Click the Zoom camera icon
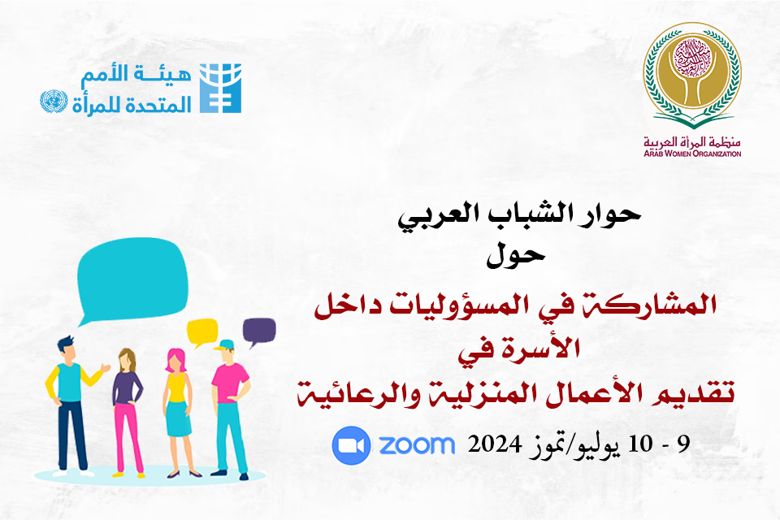pyautogui.click(x=351, y=445)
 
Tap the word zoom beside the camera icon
pyautogui.click(x=417, y=445)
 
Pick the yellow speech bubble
pyautogui.click(x=202, y=331)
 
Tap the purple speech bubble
pyautogui.click(x=258, y=331)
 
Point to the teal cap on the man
pyautogui.click(x=225, y=344)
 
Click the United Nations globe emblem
pyautogui.click(x=54, y=101)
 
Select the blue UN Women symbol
pyautogui.click(x=220, y=88)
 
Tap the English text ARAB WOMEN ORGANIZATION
pyautogui.click(x=692, y=154)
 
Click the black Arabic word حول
pyautogui.click(x=516, y=256)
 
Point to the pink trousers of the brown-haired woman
pyautogui.click(x=128, y=437)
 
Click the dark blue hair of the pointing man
pyautogui.click(x=65, y=343)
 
